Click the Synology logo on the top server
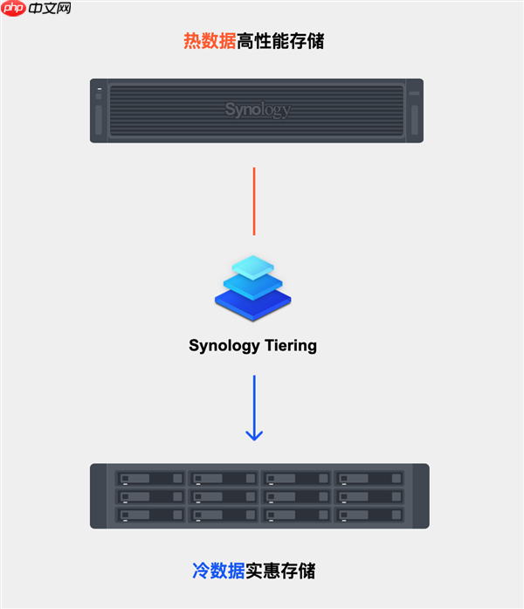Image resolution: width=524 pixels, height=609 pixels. tap(257, 110)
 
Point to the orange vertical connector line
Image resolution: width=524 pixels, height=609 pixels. tap(254, 201)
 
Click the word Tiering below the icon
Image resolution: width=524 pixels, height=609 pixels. tap(289, 345)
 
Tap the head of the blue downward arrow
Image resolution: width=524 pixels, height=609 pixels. tap(254, 433)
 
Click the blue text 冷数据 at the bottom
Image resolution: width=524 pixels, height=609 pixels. tap(218, 571)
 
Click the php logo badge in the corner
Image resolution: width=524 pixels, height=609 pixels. tap(13, 9)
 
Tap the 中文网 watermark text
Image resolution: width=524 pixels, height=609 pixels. tap(49, 9)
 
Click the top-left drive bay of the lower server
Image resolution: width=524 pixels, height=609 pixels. tap(150, 478)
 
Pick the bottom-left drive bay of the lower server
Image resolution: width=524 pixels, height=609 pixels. tap(150, 515)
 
